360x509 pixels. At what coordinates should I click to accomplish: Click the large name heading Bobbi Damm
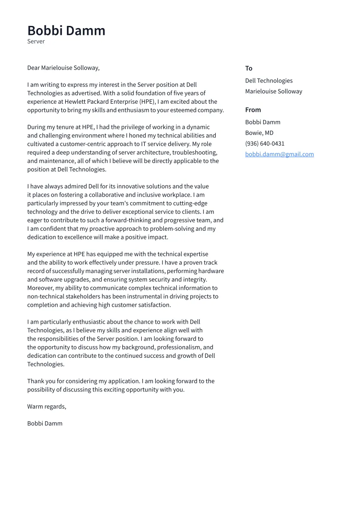(x=66, y=31)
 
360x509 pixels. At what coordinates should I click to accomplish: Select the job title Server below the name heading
(x=36, y=41)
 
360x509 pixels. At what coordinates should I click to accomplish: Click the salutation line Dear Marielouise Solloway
(x=63, y=68)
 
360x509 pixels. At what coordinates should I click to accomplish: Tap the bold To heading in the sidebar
(x=248, y=68)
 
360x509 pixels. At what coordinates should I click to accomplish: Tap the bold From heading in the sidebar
(x=253, y=110)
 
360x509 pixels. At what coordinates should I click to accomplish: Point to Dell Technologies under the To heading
(x=268, y=81)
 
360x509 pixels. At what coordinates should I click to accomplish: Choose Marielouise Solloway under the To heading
(x=274, y=92)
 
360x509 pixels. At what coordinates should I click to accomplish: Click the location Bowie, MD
(x=259, y=133)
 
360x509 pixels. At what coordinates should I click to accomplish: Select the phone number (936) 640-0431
(x=264, y=143)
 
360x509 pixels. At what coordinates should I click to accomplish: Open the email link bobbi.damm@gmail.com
(x=279, y=154)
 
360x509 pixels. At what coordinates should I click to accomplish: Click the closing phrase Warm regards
(x=47, y=407)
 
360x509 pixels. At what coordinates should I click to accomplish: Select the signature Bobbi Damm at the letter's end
(x=45, y=423)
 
